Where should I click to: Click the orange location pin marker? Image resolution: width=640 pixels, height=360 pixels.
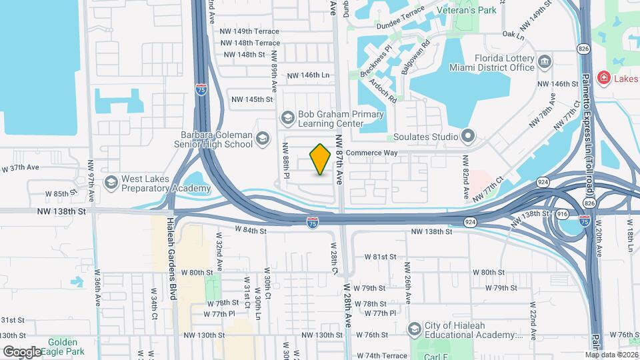click(321, 159)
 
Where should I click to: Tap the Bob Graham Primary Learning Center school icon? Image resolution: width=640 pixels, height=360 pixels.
click(288, 119)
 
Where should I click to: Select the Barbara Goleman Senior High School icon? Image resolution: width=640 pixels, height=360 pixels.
click(263, 139)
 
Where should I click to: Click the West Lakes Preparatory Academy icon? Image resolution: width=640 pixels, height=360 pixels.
click(111, 182)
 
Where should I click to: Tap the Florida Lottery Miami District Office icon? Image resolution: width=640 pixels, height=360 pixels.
click(545, 63)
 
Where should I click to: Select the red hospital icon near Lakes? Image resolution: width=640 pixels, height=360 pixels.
click(604, 79)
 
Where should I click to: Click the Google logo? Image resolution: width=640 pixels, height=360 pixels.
click(22, 351)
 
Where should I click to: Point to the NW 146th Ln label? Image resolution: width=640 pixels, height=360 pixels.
click(309, 75)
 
